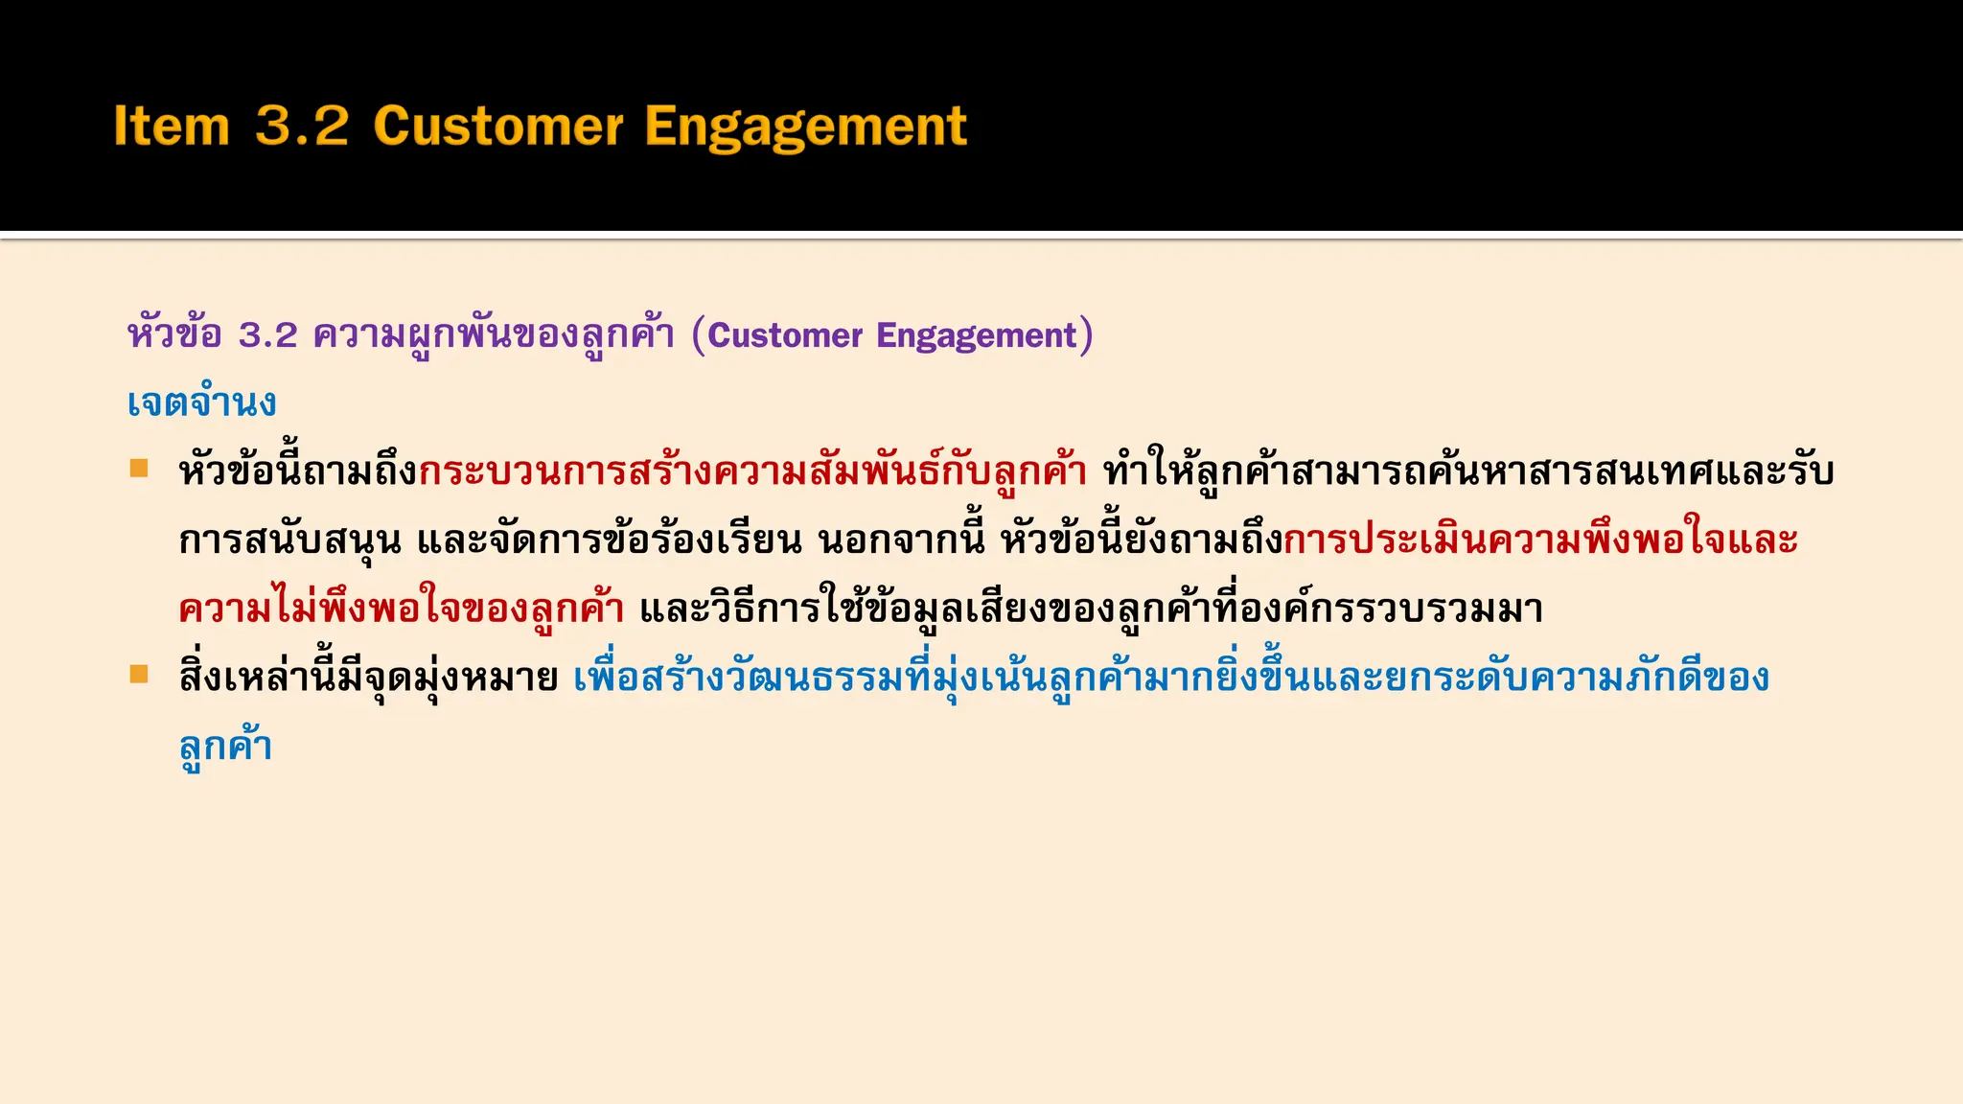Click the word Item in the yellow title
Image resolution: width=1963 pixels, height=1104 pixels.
[x=172, y=126]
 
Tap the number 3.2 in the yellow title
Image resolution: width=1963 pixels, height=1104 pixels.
[x=302, y=126]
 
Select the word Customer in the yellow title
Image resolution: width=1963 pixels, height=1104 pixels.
[x=498, y=126]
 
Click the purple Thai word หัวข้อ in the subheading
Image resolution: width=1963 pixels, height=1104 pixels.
[x=174, y=335]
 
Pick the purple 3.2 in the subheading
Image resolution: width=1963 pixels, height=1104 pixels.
[x=268, y=335]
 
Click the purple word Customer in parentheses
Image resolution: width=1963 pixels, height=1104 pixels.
[x=785, y=335]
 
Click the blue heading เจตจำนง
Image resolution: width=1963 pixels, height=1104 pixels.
[x=201, y=402]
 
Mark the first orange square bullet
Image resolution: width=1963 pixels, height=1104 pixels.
[x=140, y=469]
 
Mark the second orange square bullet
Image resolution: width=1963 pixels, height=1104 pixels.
[x=140, y=675]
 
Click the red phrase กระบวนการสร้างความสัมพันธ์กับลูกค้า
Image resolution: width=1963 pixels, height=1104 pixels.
[x=752, y=471]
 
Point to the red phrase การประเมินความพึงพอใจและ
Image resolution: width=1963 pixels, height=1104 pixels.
[x=1539, y=540]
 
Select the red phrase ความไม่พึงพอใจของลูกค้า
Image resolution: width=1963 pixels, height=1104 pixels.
[x=402, y=609]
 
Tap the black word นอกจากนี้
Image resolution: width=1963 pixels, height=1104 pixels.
[x=901, y=540]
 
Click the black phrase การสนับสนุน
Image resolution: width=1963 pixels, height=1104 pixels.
[x=289, y=540]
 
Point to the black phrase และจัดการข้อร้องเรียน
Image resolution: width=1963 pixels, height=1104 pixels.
[x=609, y=540]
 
